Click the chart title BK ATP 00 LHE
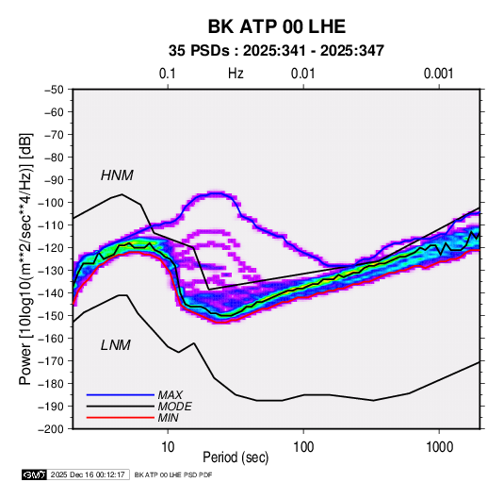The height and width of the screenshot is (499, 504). pos(277,26)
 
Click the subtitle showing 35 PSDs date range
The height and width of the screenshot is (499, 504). pos(276,51)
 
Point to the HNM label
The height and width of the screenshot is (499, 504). pos(117,175)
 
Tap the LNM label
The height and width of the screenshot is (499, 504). pos(116,345)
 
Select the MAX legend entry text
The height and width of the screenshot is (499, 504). pos(171,395)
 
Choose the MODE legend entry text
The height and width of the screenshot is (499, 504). pos(175,407)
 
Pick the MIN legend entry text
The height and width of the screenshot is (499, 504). pos(168,418)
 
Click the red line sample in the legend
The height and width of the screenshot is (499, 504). pos(121,418)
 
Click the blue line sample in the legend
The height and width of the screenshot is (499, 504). pos(121,395)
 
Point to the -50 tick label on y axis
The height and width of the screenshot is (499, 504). pos(54,90)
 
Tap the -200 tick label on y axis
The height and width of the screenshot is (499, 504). pos(51,429)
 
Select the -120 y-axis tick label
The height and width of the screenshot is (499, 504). pos(51,248)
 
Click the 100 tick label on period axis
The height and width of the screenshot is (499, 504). pos(303,447)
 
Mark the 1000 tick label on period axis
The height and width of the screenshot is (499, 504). pos(439,447)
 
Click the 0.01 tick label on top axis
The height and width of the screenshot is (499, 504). pos(302,74)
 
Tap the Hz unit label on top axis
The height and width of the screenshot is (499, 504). pos(236,74)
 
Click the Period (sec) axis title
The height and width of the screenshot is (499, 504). pos(236,457)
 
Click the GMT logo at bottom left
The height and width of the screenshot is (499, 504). pos(34,474)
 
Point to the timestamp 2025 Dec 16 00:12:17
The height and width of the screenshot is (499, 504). pos(88,474)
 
